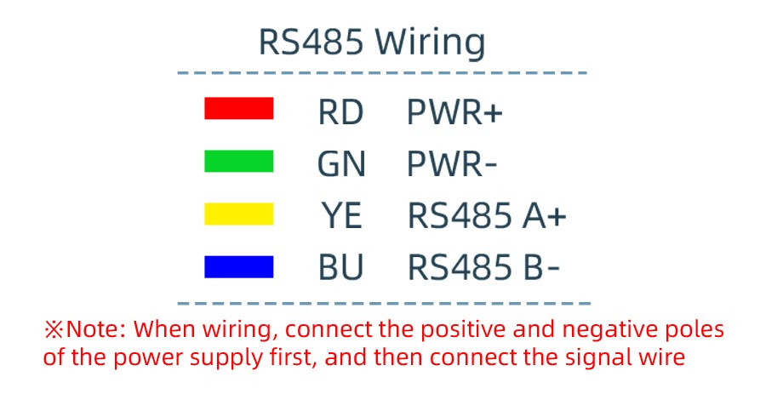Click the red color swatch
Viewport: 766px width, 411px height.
tap(238, 109)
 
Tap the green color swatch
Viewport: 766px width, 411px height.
tap(238, 162)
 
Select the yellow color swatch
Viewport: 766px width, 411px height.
tap(238, 214)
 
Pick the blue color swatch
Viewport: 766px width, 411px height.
tap(238, 267)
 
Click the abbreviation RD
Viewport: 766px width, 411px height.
tap(340, 112)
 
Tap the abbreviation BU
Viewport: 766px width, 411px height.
tap(340, 269)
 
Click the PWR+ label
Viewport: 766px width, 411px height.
tap(455, 112)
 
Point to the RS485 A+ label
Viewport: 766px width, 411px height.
tap(487, 217)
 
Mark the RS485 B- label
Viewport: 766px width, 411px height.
tap(483, 269)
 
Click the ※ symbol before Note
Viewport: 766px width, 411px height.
tap(54, 329)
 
